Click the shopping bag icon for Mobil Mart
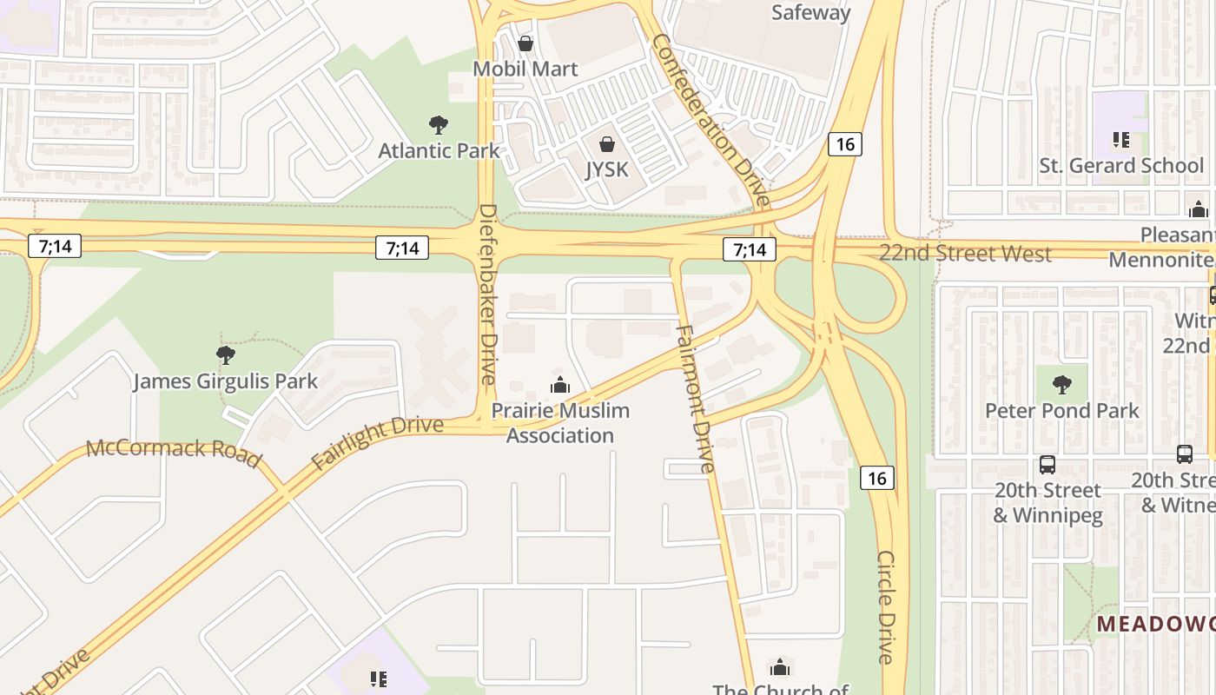coord(525,43)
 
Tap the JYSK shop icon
coord(606,144)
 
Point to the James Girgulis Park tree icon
coord(226,355)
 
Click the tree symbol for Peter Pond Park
coord(1061,385)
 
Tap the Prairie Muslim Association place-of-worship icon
coord(560,385)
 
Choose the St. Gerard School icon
coord(1120,140)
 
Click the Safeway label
coord(810,12)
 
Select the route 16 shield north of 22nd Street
coord(845,144)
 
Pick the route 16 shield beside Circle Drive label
coord(877,478)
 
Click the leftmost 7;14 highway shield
coord(55,246)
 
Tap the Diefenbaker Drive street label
coord(487,294)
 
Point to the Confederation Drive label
coord(710,120)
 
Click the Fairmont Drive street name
coord(695,399)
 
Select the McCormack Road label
coord(174,453)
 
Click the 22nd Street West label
coord(964,254)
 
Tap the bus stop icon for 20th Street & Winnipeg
coord(1047,465)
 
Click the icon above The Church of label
coord(780,667)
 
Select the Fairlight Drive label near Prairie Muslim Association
coord(377,443)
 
